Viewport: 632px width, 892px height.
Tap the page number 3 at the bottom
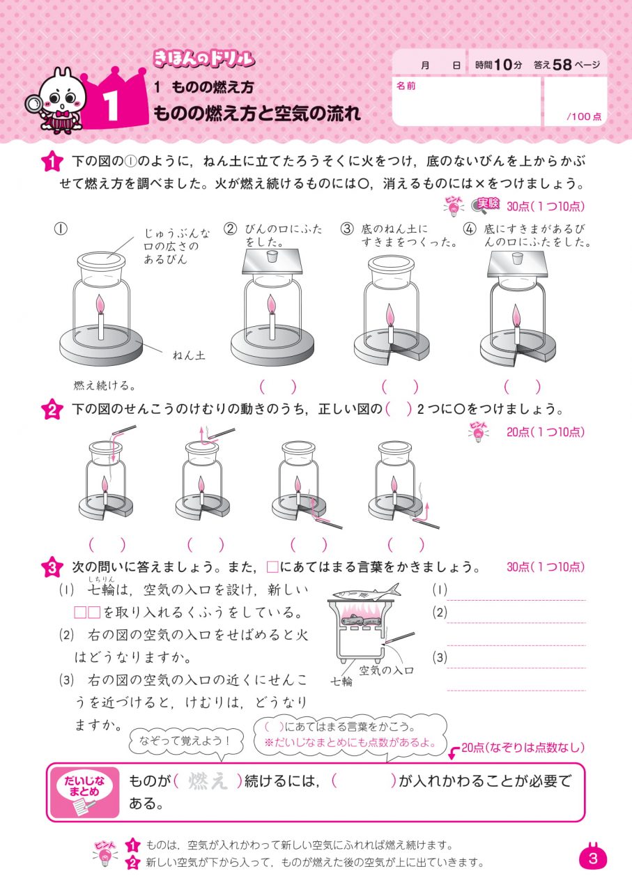(x=593, y=859)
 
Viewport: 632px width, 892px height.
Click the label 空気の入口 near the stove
(x=387, y=670)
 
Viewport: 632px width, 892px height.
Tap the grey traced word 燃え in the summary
(x=208, y=781)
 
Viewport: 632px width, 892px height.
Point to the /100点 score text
(x=584, y=116)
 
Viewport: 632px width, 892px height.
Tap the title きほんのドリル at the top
(x=202, y=59)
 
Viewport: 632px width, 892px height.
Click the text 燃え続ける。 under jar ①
(x=104, y=385)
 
